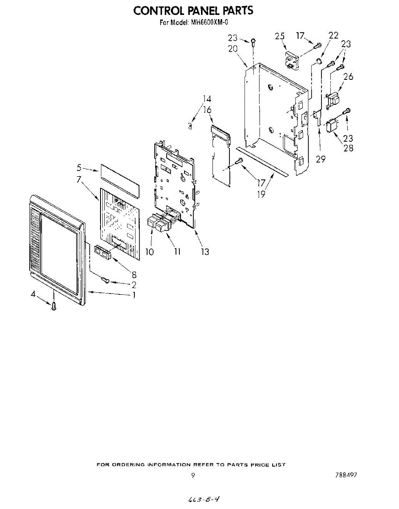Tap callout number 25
pyautogui.click(x=279, y=36)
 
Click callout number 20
pyautogui.click(x=233, y=49)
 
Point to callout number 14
pyautogui.click(x=206, y=99)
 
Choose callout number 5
pyautogui.click(x=79, y=168)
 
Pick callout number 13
pyautogui.click(x=205, y=252)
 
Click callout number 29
pyautogui.click(x=321, y=159)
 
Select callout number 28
pyautogui.click(x=348, y=148)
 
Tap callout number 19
pyautogui.click(x=261, y=195)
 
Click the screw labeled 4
pyautogui.click(x=54, y=306)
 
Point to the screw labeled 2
pyautogui.click(x=106, y=280)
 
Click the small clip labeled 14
pyautogui.click(x=190, y=126)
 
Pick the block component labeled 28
pyautogui.click(x=332, y=126)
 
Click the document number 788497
pyautogui.click(x=346, y=475)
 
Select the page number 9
pyautogui.click(x=193, y=475)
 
